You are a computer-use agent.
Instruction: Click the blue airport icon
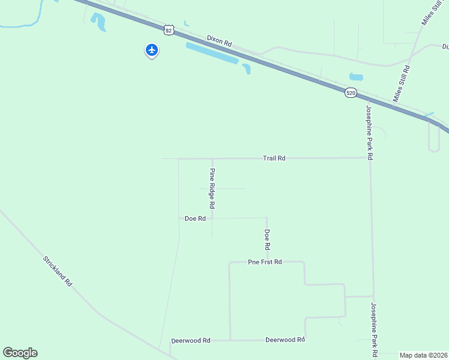(152, 50)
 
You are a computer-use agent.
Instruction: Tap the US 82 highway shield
(169, 29)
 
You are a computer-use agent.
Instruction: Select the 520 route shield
(351, 92)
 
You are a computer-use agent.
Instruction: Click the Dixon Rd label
(219, 41)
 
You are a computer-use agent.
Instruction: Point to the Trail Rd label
(274, 158)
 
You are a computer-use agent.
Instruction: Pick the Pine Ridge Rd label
(212, 188)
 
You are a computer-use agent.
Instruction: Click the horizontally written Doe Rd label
(195, 219)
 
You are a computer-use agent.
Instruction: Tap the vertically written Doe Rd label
(267, 239)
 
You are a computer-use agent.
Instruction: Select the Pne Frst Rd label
(265, 262)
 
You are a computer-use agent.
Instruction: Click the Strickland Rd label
(58, 271)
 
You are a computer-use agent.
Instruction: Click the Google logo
(20, 353)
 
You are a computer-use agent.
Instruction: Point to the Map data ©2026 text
(424, 355)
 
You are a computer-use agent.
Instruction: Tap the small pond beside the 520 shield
(357, 77)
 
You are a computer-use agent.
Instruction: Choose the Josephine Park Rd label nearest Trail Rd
(370, 133)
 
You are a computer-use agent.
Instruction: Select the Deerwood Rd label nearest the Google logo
(191, 340)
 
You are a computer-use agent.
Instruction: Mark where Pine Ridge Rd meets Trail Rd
(212, 159)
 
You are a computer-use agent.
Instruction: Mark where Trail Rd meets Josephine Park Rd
(369, 158)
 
